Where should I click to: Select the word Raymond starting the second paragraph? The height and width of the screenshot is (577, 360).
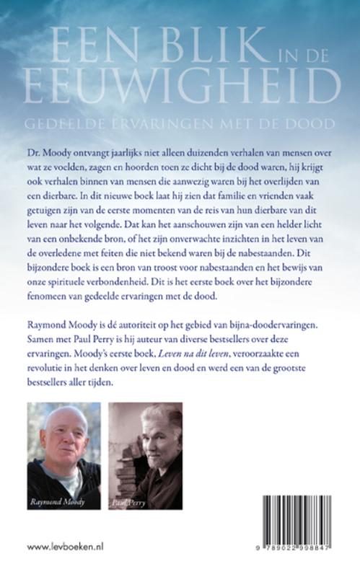[48, 343]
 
